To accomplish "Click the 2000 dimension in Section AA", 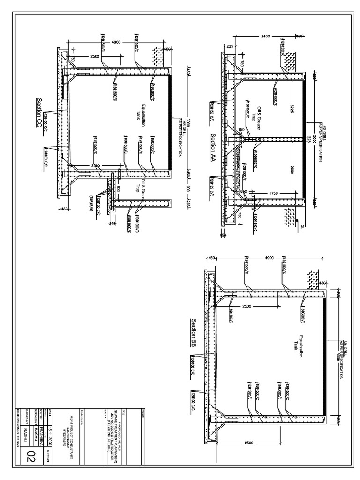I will point(292,170).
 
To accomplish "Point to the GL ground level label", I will point(303,226).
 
